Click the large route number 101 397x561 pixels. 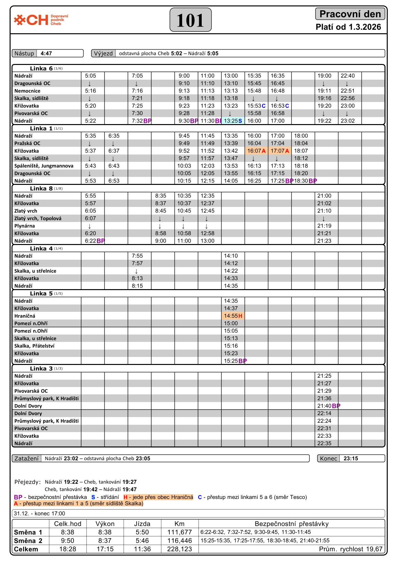(190, 20)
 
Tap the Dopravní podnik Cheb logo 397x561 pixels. (41, 20)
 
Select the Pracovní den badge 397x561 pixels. (350, 14)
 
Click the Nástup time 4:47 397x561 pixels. (46, 53)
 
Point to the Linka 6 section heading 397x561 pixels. (41, 68)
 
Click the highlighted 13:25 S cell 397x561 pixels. (233, 121)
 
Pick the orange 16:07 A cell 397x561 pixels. (256, 151)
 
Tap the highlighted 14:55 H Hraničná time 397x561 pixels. (233, 316)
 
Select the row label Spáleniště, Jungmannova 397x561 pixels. (44, 166)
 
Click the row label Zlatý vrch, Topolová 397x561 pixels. (38, 218)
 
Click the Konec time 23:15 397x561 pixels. (351, 458)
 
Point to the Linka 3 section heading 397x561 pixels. (41, 368)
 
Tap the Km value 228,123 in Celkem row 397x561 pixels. (179, 549)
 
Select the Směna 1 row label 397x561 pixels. (28, 532)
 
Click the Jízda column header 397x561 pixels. (142, 524)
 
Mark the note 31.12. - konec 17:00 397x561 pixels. (40, 514)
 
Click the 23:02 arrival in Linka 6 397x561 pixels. (347, 121)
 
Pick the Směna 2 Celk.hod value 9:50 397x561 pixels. (68, 541)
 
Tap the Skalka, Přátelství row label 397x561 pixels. (34, 346)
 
